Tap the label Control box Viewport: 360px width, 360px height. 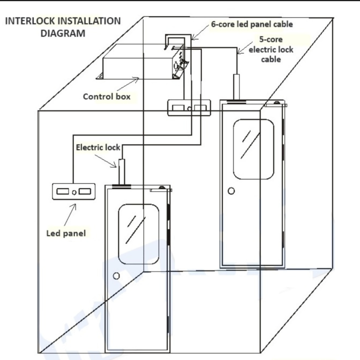coord(106,97)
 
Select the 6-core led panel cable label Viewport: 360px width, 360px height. coord(252,23)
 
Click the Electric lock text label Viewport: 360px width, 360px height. coord(98,147)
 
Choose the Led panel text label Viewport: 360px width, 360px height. coord(66,233)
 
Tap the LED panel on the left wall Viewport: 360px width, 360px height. coord(74,192)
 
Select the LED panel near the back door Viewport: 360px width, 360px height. coord(189,108)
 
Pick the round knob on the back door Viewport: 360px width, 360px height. coord(231,191)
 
